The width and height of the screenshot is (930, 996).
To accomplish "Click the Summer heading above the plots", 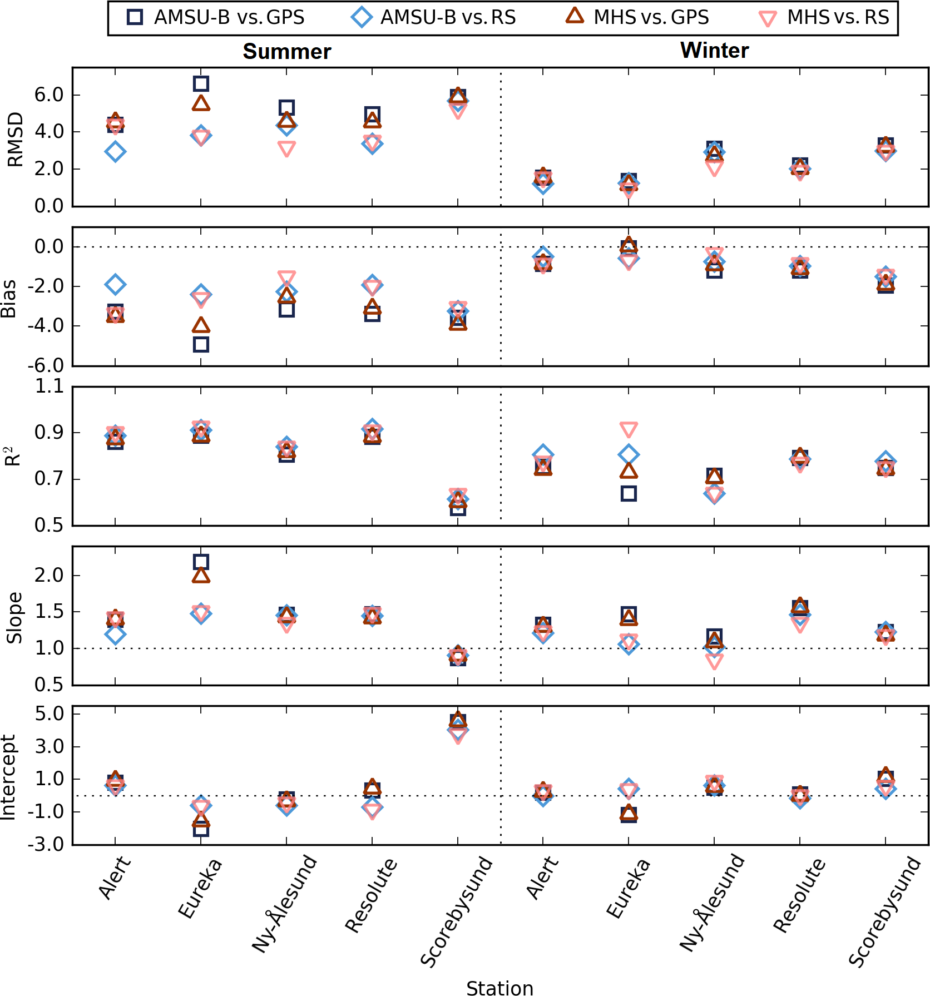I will click(x=286, y=52).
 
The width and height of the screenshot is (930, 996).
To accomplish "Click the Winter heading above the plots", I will click(x=714, y=51).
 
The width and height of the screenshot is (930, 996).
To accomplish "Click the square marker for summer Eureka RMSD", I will click(x=201, y=84).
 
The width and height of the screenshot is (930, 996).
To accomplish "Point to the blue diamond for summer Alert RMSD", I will click(x=115, y=151).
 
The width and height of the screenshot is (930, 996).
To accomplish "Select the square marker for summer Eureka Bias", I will click(x=201, y=344).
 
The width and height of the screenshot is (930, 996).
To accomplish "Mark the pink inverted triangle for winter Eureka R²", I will click(x=629, y=429).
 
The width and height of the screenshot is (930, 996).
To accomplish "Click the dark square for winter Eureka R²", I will click(x=629, y=493).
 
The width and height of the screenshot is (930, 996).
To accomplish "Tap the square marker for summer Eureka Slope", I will click(x=201, y=562).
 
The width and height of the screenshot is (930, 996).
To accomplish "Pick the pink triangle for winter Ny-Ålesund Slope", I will click(x=714, y=661).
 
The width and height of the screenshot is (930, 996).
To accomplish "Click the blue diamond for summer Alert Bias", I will click(x=115, y=284).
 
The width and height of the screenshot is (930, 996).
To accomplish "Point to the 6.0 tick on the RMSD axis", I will click(x=49, y=95).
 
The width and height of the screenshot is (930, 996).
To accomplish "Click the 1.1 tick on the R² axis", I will click(x=49, y=386).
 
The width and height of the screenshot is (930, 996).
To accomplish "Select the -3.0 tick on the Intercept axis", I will click(x=49, y=845).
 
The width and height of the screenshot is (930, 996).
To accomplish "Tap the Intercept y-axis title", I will click(x=9, y=777).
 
